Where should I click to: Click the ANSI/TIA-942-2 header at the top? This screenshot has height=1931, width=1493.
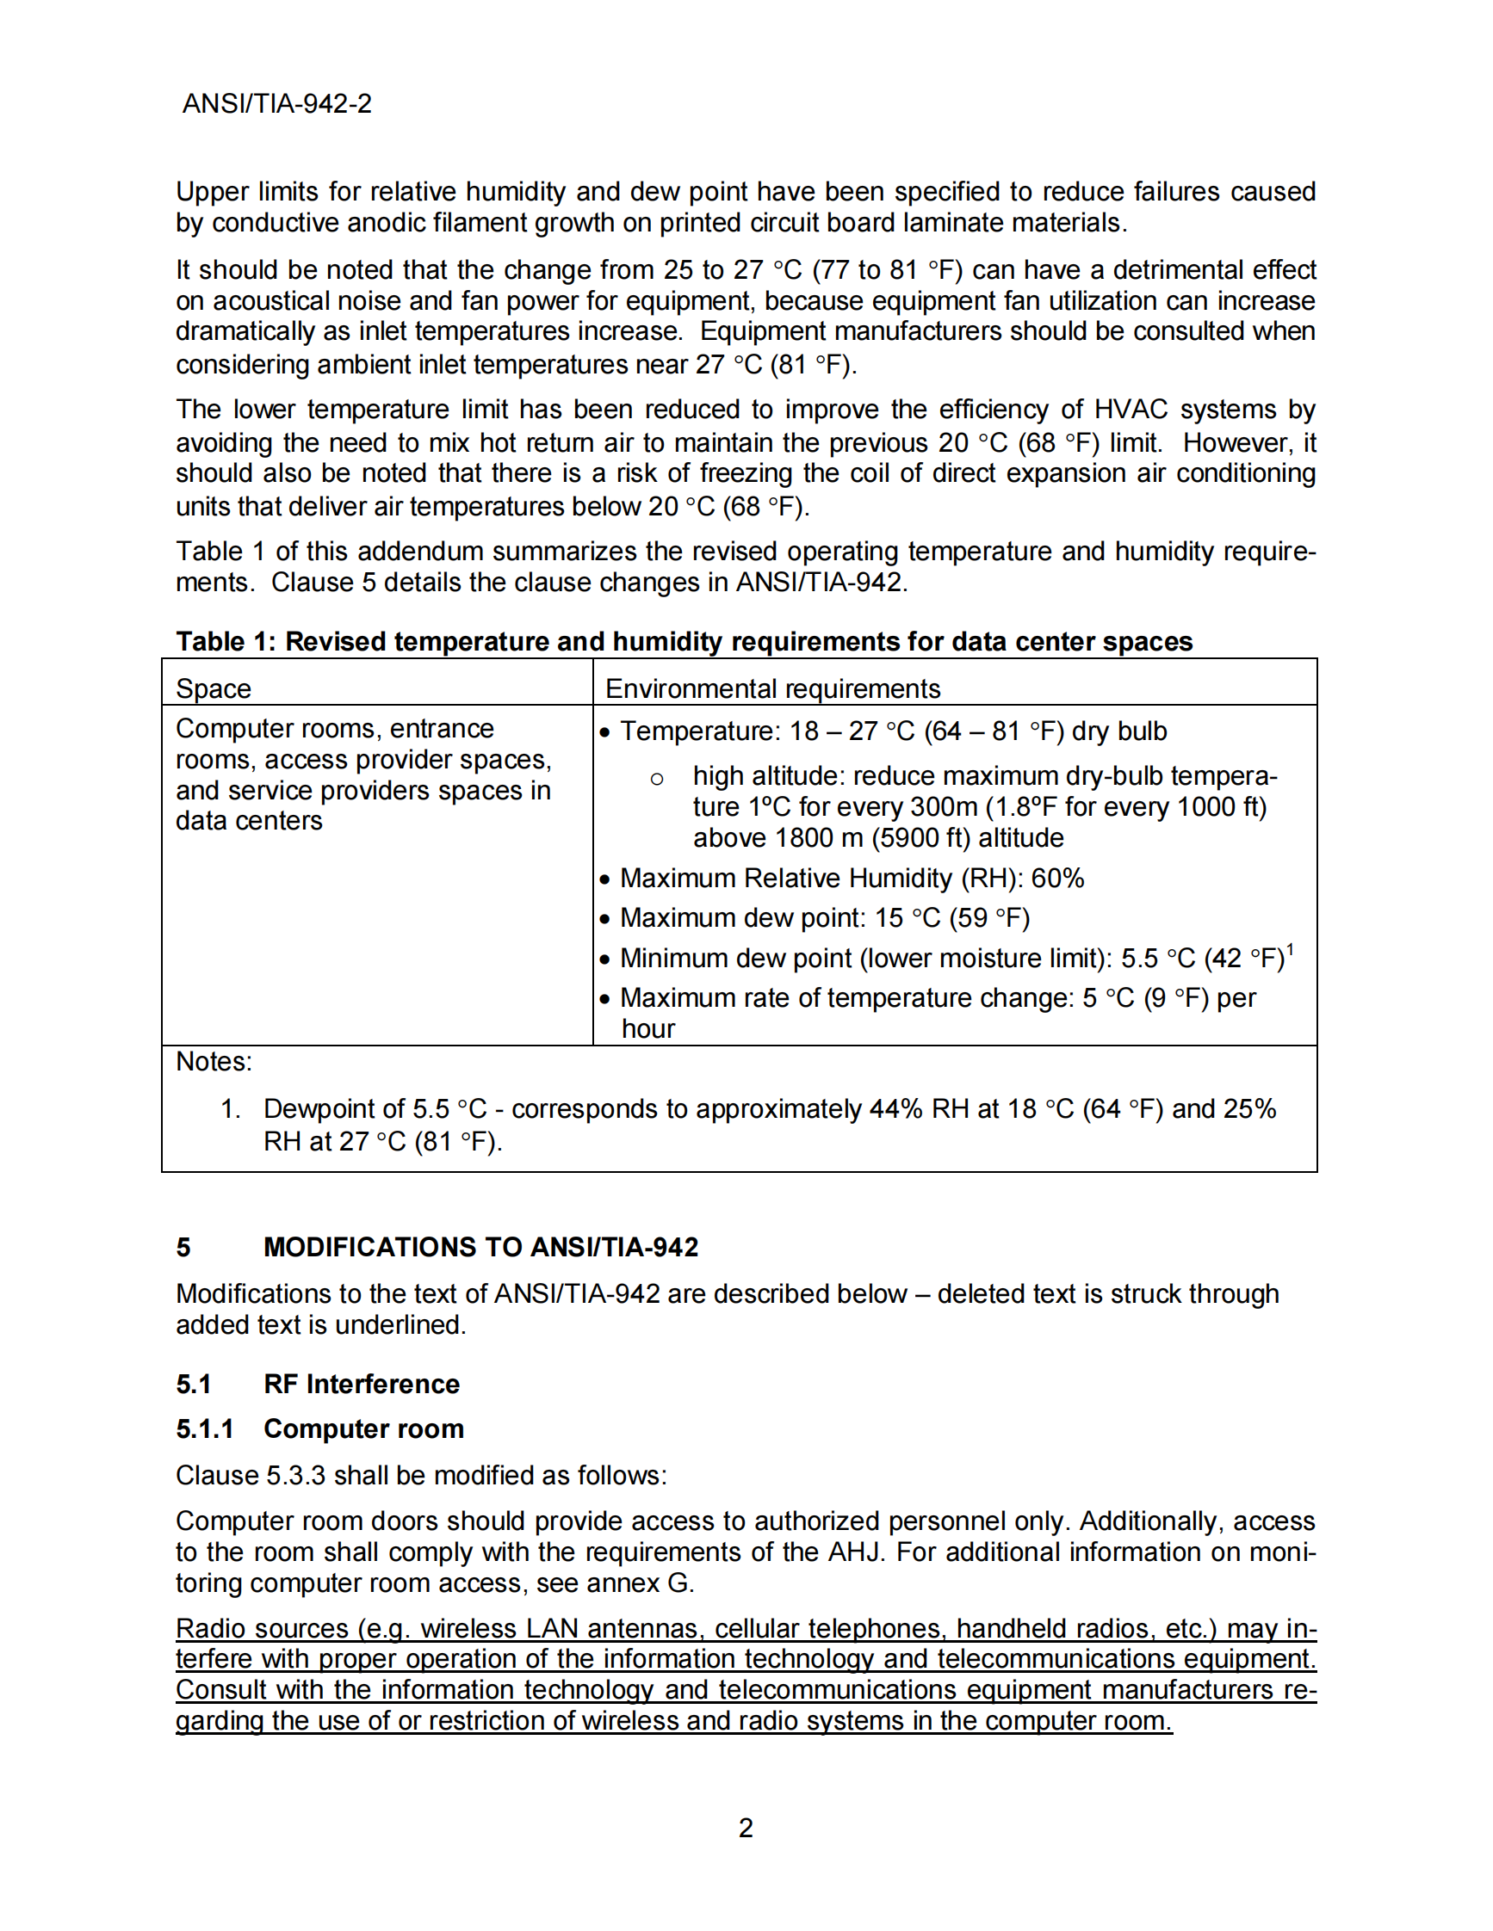click(x=277, y=104)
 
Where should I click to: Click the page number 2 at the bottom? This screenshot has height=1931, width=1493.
click(x=746, y=1827)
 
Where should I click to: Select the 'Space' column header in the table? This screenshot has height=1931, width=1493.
click(x=214, y=688)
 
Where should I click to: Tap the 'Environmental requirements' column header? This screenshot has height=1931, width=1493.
click(x=772, y=688)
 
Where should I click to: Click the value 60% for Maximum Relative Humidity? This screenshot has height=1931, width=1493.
click(x=1058, y=878)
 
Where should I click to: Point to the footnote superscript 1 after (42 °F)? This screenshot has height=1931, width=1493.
click(x=1291, y=951)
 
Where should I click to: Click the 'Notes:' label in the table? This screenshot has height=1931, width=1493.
click(x=214, y=1061)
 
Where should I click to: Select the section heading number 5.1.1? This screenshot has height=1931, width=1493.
click(x=205, y=1428)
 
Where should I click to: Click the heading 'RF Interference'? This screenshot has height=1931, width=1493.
click(x=361, y=1384)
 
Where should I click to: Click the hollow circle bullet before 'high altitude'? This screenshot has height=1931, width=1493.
click(x=656, y=779)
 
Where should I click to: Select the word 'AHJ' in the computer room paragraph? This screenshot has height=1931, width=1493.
click(x=852, y=1552)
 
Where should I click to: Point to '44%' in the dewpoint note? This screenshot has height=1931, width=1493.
click(x=896, y=1108)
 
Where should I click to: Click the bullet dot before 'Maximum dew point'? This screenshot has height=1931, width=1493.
click(x=605, y=920)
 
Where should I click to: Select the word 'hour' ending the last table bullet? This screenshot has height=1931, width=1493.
click(x=648, y=1029)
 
